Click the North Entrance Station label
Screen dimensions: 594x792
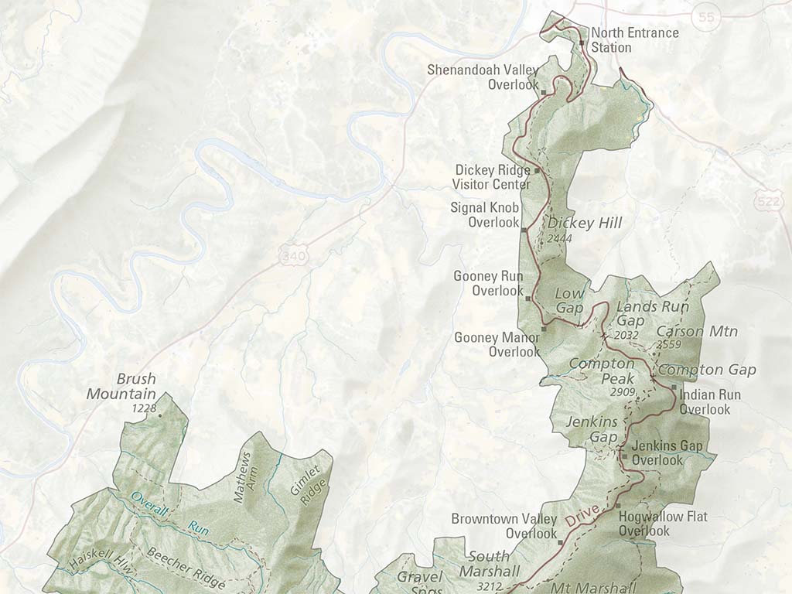coord(634,40)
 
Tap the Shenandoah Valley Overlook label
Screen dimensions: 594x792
coord(483,77)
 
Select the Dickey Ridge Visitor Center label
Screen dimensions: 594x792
coord(493,177)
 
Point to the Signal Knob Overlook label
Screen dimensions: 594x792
coord(485,215)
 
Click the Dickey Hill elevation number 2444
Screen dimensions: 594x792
coord(559,239)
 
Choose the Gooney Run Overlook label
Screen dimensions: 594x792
coord(488,284)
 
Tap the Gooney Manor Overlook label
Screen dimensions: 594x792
coord(497,345)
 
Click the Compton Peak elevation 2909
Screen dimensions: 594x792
coord(622,393)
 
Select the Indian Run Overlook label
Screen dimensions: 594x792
coord(709,402)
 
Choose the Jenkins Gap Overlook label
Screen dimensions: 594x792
coord(667,453)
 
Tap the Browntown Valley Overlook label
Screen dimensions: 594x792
coord(504,526)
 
